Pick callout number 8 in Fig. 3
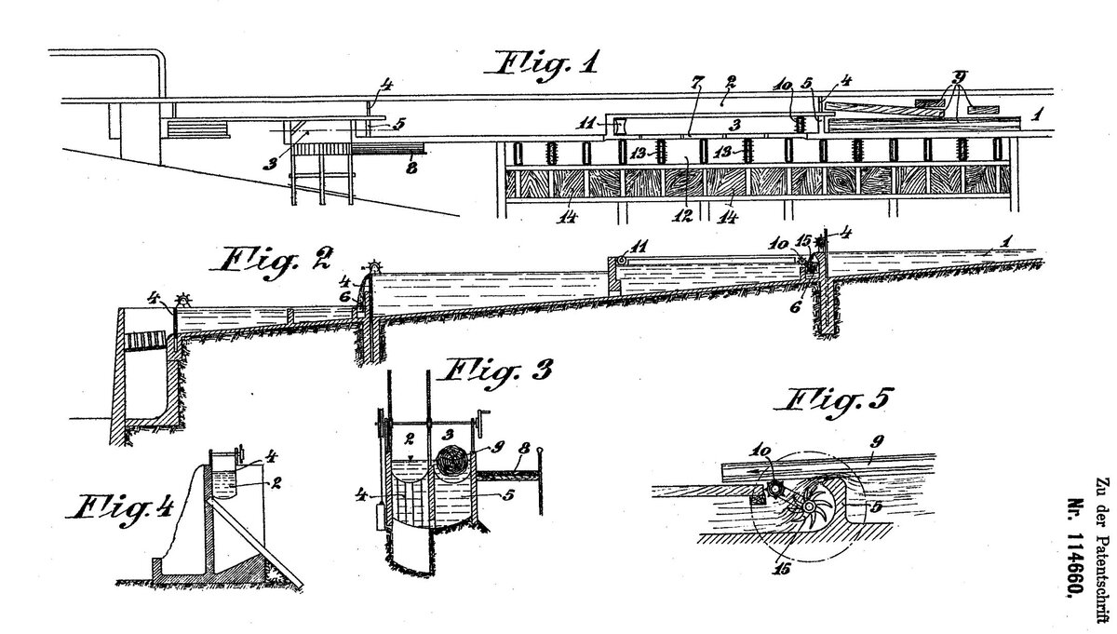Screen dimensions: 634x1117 [x=526, y=449]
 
